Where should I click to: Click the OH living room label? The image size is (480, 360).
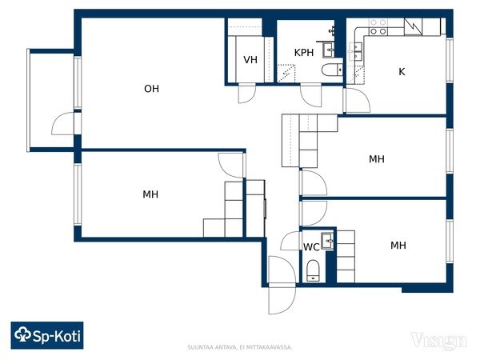(151, 89)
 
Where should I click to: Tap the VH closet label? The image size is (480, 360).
(250, 60)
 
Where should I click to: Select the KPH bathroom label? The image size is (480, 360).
(304, 53)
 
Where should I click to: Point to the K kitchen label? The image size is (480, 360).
(402, 72)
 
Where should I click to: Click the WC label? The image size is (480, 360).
(311, 247)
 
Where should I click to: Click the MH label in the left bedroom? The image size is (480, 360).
(150, 194)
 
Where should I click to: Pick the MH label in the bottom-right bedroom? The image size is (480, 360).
(398, 246)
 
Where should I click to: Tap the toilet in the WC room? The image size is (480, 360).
(313, 270)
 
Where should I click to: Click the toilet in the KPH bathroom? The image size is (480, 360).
(332, 70)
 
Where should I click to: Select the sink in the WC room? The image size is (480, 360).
(327, 241)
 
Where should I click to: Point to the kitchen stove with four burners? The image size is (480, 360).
(378, 26)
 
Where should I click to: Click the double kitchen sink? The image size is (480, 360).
(355, 51)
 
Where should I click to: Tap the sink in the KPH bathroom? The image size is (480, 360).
(329, 50)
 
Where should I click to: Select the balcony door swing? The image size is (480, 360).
(63, 124)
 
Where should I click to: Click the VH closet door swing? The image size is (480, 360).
(246, 93)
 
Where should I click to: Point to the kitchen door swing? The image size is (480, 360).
(357, 100)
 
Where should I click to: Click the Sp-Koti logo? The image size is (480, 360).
(47, 335)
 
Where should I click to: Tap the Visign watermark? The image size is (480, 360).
(438, 341)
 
